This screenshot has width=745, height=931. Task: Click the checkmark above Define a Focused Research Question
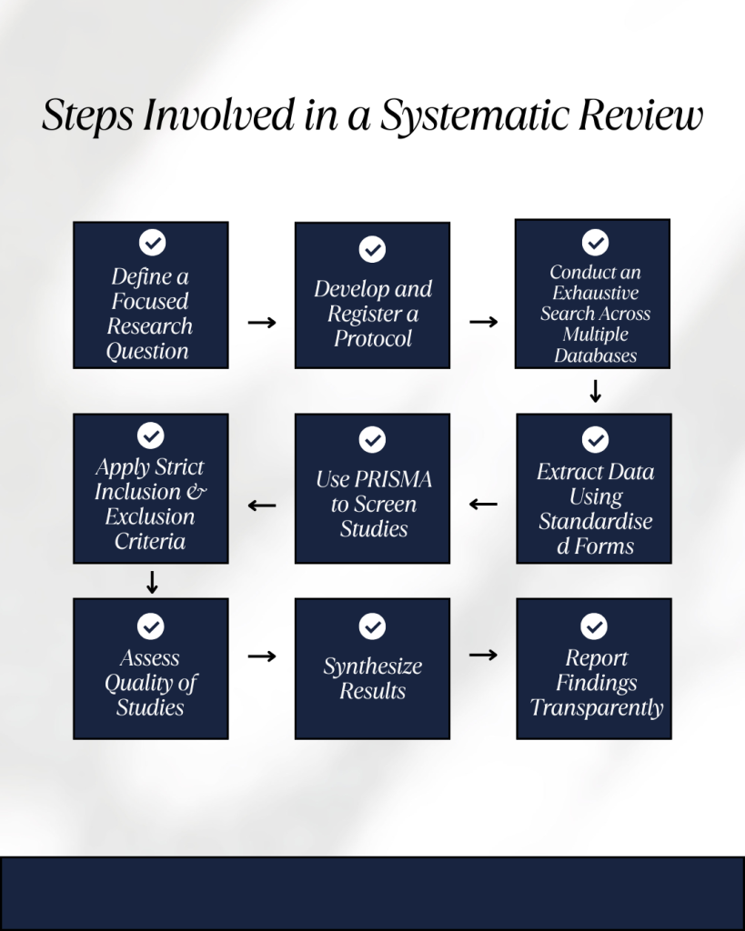151,243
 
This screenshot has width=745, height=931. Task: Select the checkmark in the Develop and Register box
372,249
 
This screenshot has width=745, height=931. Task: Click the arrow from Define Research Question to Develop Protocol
262,322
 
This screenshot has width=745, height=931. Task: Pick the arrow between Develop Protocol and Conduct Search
483,322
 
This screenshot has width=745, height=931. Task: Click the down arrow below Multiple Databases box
595,391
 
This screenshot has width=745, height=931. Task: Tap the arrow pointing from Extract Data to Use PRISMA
483,504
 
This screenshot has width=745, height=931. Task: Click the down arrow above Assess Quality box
152,582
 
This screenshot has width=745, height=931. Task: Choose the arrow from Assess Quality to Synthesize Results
262,656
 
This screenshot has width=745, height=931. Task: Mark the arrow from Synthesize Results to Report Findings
483,655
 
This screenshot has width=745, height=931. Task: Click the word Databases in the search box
595,355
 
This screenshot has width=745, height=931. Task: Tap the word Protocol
373,339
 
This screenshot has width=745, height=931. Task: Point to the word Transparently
597,708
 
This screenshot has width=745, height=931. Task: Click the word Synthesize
372,666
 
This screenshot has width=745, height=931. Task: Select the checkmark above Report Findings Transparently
594,626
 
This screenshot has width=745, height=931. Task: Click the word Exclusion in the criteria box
150,516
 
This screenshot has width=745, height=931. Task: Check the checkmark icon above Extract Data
595,440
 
